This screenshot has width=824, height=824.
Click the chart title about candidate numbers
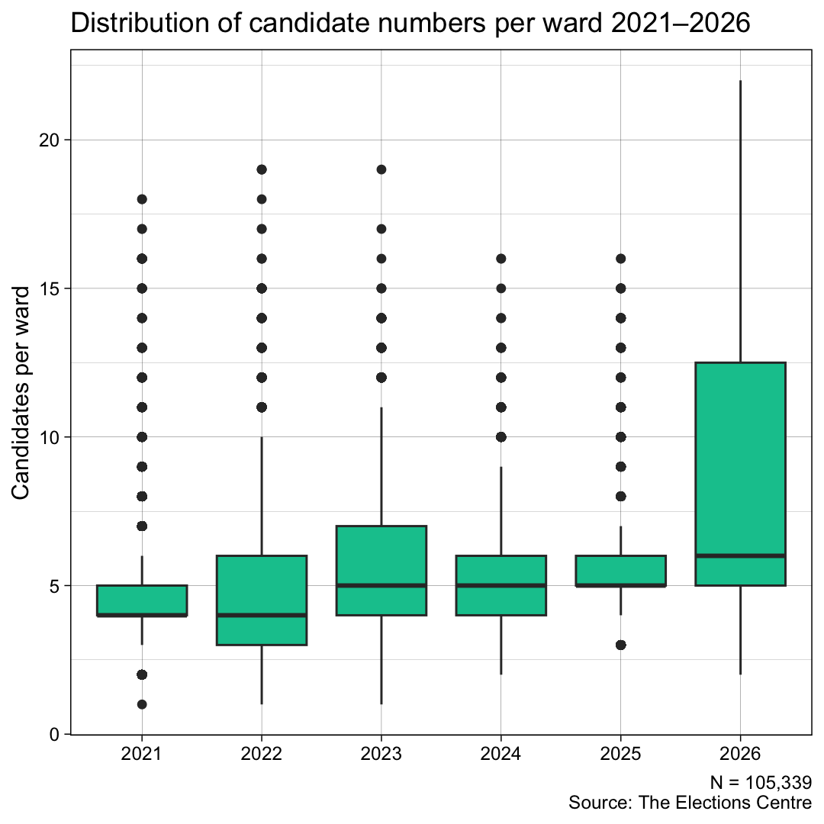(410, 24)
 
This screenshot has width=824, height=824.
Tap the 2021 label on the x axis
(142, 755)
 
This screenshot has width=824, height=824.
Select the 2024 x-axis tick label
(501, 755)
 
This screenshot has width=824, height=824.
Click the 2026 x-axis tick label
(740, 755)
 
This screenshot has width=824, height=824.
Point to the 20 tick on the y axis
(49, 140)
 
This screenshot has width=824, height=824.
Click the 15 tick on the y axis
(49, 288)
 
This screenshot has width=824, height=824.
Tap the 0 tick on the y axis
(54, 734)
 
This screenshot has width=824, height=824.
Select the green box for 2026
(740, 458)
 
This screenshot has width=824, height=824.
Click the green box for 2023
(381, 557)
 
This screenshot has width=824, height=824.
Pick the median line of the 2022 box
(262, 615)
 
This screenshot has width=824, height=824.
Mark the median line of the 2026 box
(740, 555)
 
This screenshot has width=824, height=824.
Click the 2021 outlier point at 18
(142, 199)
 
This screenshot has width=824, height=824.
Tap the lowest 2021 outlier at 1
(142, 704)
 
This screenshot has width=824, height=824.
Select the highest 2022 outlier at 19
(262, 169)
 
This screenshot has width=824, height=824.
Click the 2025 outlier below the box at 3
(620, 645)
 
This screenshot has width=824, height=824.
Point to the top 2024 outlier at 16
(501, 259)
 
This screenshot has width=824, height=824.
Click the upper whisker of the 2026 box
(740, 221)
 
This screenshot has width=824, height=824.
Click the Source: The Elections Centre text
(690, 803)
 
